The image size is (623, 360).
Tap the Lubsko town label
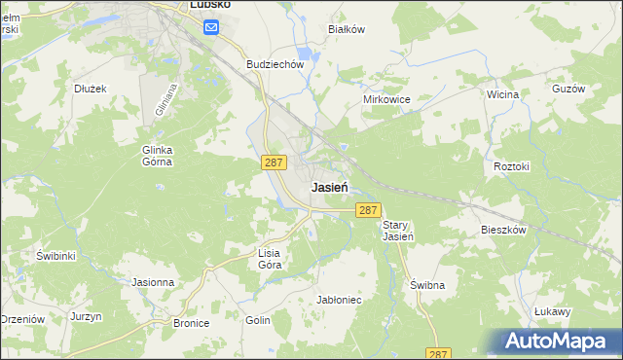(x=209, y=5)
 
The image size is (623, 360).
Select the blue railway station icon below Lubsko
(x=211, y=28)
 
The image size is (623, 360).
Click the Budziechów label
(x=276, y=64)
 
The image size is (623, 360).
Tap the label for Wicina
(x=502, y=94)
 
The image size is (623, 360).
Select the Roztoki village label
(x=511, y=166)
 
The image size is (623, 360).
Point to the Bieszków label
(x=503, y=231)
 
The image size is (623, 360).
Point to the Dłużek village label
(x=90, y=88)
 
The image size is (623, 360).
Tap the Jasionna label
(x=153, y=282)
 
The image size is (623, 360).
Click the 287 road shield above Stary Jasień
(x=368, y=210)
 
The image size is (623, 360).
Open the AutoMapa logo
(x=559, y=342)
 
